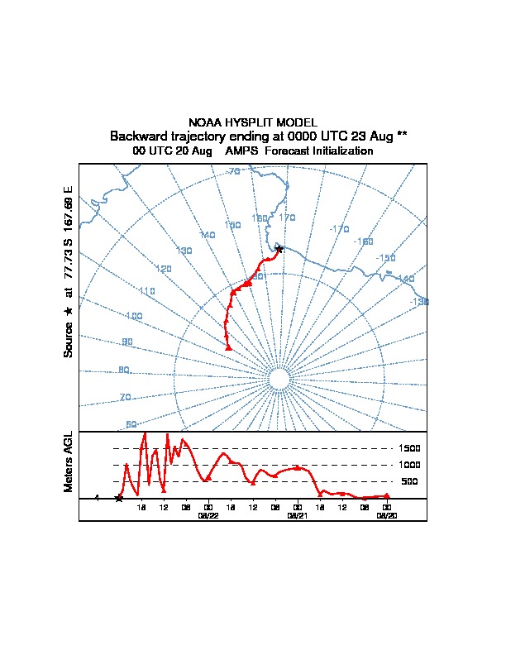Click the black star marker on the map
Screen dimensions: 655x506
(279, 249)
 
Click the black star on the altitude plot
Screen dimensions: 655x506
(119, 498)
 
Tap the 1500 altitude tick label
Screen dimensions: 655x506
(411, 448)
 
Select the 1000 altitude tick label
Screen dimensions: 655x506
(411, 465)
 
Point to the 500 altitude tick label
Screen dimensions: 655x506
(409, 481)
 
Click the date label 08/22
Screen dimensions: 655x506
(208, 515)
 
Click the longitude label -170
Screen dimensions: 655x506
(339, 228)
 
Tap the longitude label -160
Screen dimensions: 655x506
(363, 241)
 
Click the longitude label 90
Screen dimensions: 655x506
(126, 342)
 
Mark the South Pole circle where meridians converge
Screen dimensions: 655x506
(279, 380)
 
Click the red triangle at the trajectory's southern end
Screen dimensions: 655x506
(228, 348)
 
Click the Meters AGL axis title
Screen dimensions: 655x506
(69, 461)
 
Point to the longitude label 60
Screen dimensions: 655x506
(131, 424)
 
